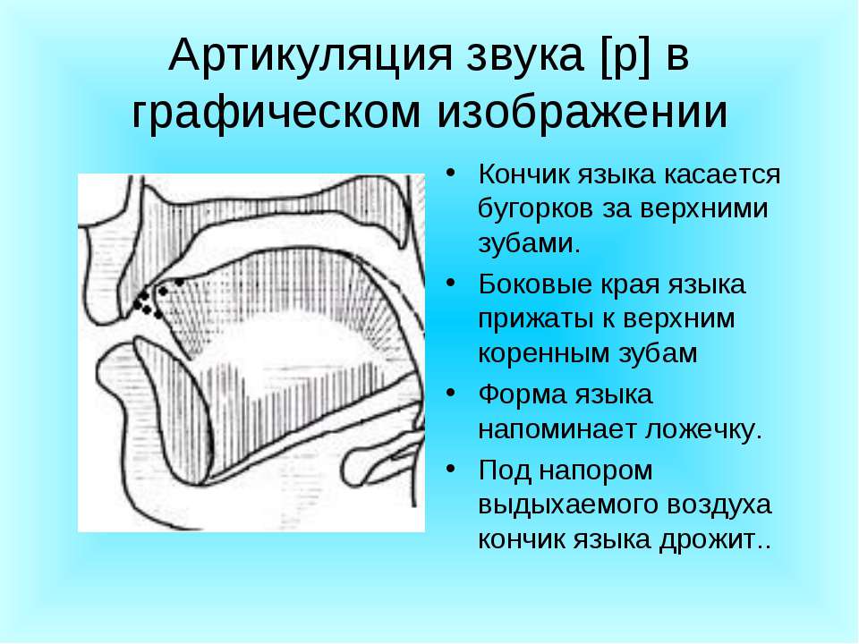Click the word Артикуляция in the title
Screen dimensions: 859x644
pos(310,55)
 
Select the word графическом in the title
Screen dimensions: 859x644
pos(276,114)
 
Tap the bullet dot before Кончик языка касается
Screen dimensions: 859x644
pos(450,173)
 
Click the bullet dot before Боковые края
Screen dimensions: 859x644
pos(450,284)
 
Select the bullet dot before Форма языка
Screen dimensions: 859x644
pos(450,393)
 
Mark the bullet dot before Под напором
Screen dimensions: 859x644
pos(450,469)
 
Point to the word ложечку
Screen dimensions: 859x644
pos(703,429)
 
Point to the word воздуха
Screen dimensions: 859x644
pos(719,504)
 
